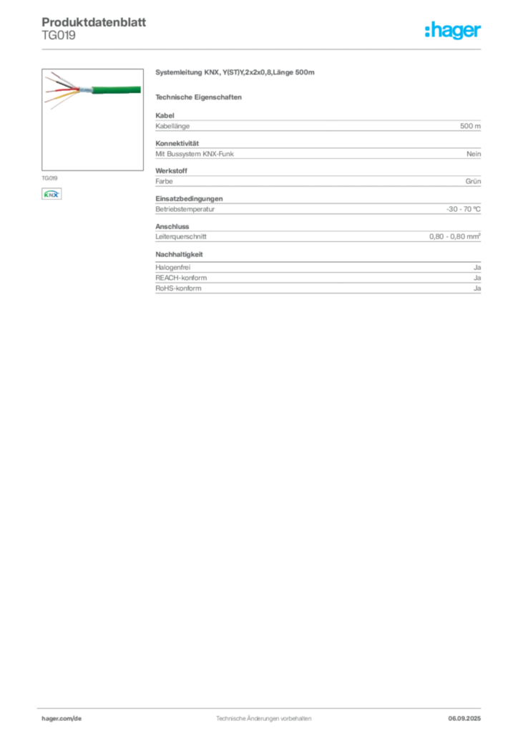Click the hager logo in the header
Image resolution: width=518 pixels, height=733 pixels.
[x=453, y=30]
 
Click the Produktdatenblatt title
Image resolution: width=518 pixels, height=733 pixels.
[x=94, y=22]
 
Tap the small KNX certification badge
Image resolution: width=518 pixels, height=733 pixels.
[x=52, y=194]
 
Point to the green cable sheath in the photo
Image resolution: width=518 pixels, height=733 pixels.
[x=117, y=89]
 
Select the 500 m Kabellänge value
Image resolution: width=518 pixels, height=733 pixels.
[x=470, y=126]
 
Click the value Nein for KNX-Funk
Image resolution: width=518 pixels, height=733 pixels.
[x=474, y=154]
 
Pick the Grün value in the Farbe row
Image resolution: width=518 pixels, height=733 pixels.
[x=473, y=181]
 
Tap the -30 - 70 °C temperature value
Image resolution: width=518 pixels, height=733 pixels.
[x=464, y=209]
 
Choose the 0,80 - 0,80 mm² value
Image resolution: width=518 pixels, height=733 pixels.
[x=455, y=236]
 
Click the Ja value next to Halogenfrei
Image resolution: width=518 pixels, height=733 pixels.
[x=477, y=268]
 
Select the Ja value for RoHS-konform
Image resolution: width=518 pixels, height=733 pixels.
[x=477, y=288]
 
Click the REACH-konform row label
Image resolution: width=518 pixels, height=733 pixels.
[x=181, y=278]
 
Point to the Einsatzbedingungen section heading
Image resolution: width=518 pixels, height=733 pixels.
[x=189, y=199]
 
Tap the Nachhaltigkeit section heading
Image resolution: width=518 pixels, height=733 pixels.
[x=180, y=254]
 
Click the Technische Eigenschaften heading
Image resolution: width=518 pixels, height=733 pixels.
[x=198, y=97]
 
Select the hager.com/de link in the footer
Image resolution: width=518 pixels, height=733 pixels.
[x=62, y=719]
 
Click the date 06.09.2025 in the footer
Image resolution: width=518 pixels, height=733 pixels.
[x=464, y=719]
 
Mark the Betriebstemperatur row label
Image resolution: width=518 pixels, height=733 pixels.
[x=185, y=209]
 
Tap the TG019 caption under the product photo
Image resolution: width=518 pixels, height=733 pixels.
[x=49, y=178]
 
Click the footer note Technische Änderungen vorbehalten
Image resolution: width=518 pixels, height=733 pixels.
[x=263, y=719]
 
